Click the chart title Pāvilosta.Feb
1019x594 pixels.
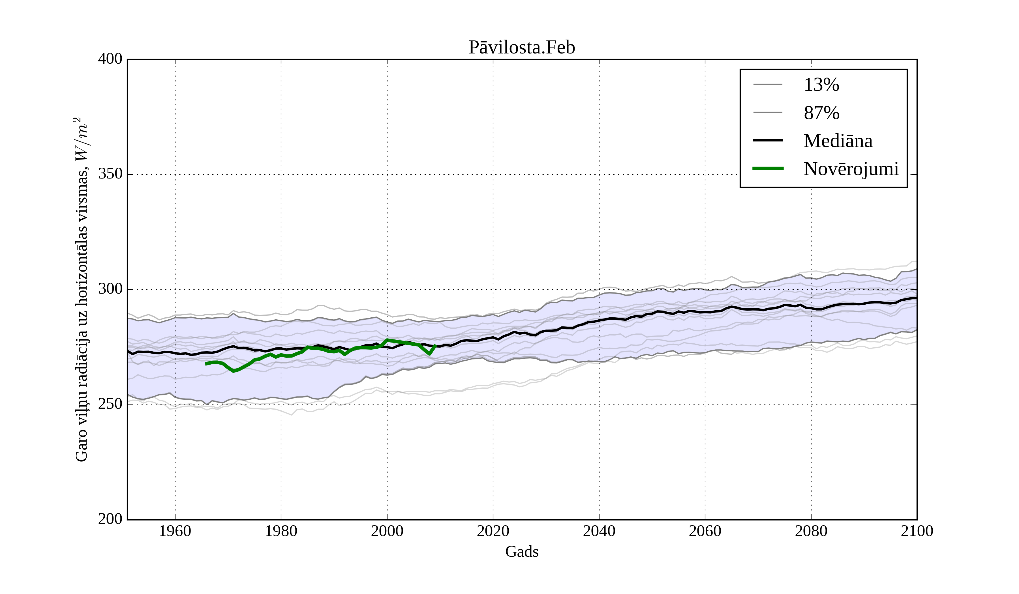click(x=522, y=48)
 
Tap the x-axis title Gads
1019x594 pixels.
click(x=522, y=552)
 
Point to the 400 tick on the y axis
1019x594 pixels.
click(x=110, y=59)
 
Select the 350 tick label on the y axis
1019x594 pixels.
click(x=110, y=174)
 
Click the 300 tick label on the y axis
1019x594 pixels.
click(x=110, y=289)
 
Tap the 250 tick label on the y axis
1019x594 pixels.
click(x=110, y=404)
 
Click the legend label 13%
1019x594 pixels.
click(x=821, y=85)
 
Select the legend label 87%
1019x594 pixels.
click(x=821, y=113)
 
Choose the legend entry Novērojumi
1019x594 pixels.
click(x=851, y=169)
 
